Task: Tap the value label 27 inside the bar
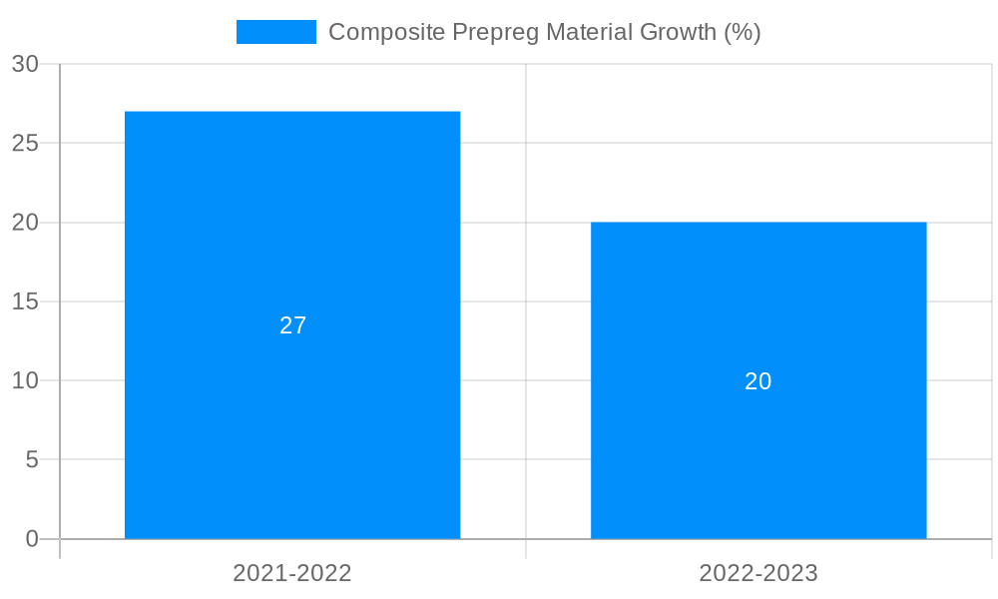click(x=292, y=325)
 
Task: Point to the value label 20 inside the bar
click(x=758, y=381)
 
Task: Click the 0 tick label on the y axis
click(x=31, y=539)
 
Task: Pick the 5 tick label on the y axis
click(x=31, y=460)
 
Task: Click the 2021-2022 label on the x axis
click(x=292, y=573)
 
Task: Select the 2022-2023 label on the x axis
click(x=758, y=573)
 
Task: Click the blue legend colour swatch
click(x=276, y=32)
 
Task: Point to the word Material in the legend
click(x=591, y=32)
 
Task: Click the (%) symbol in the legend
click(x=743, y=32)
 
